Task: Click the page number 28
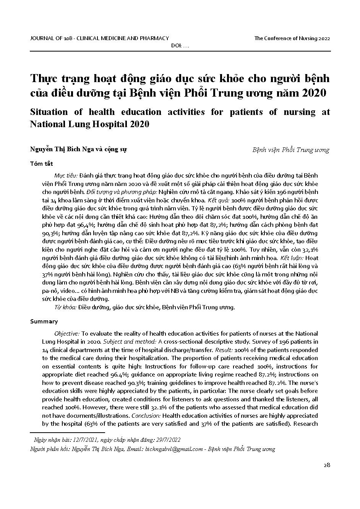pos(326,465)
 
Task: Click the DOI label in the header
pos(176,46)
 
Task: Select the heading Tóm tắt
pos(42,164)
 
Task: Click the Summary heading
pos(44,322)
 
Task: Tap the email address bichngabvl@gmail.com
pos(174,449)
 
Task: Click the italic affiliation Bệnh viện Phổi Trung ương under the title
pos(290,150)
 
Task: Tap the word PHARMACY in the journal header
pos(156,38)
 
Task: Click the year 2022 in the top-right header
pos(324,38)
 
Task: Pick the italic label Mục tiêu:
pos(66,175)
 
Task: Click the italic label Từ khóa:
pos(65,307)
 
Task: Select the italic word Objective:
pos(67,333)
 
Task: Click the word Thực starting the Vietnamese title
pos(43,79)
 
